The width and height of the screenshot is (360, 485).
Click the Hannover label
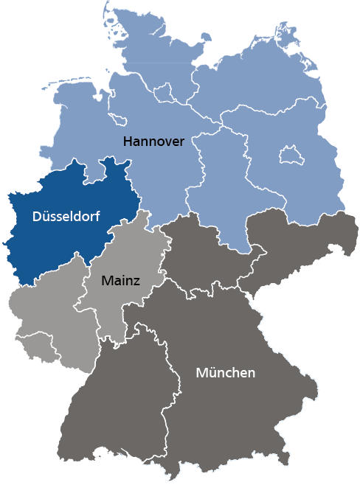(153, 141)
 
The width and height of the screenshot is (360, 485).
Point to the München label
(225, 372)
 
